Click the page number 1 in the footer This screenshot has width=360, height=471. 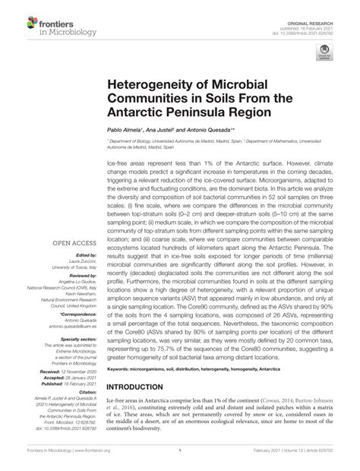pos(179,450)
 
